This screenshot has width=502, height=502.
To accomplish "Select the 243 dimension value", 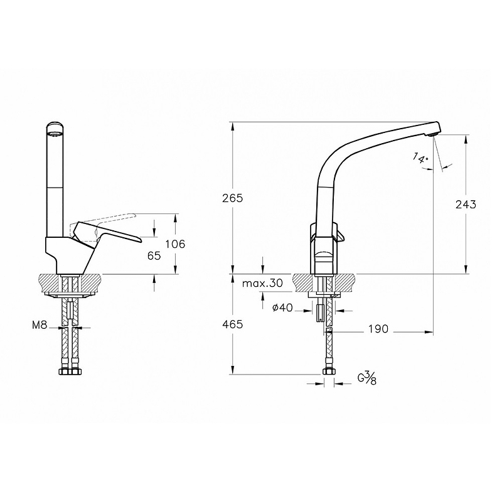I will [x=465, y=204].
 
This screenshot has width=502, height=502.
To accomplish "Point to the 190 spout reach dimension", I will [x=378, y=329].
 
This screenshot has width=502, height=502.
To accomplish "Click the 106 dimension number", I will [x=174, y=244].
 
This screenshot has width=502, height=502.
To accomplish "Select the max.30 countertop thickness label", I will [x=262, y=284].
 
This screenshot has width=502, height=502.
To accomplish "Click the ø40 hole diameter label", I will [x=283, y=307].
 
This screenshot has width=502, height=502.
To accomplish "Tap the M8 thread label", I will [x=40, y=325].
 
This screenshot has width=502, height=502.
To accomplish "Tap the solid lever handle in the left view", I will [x=113, y=233].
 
